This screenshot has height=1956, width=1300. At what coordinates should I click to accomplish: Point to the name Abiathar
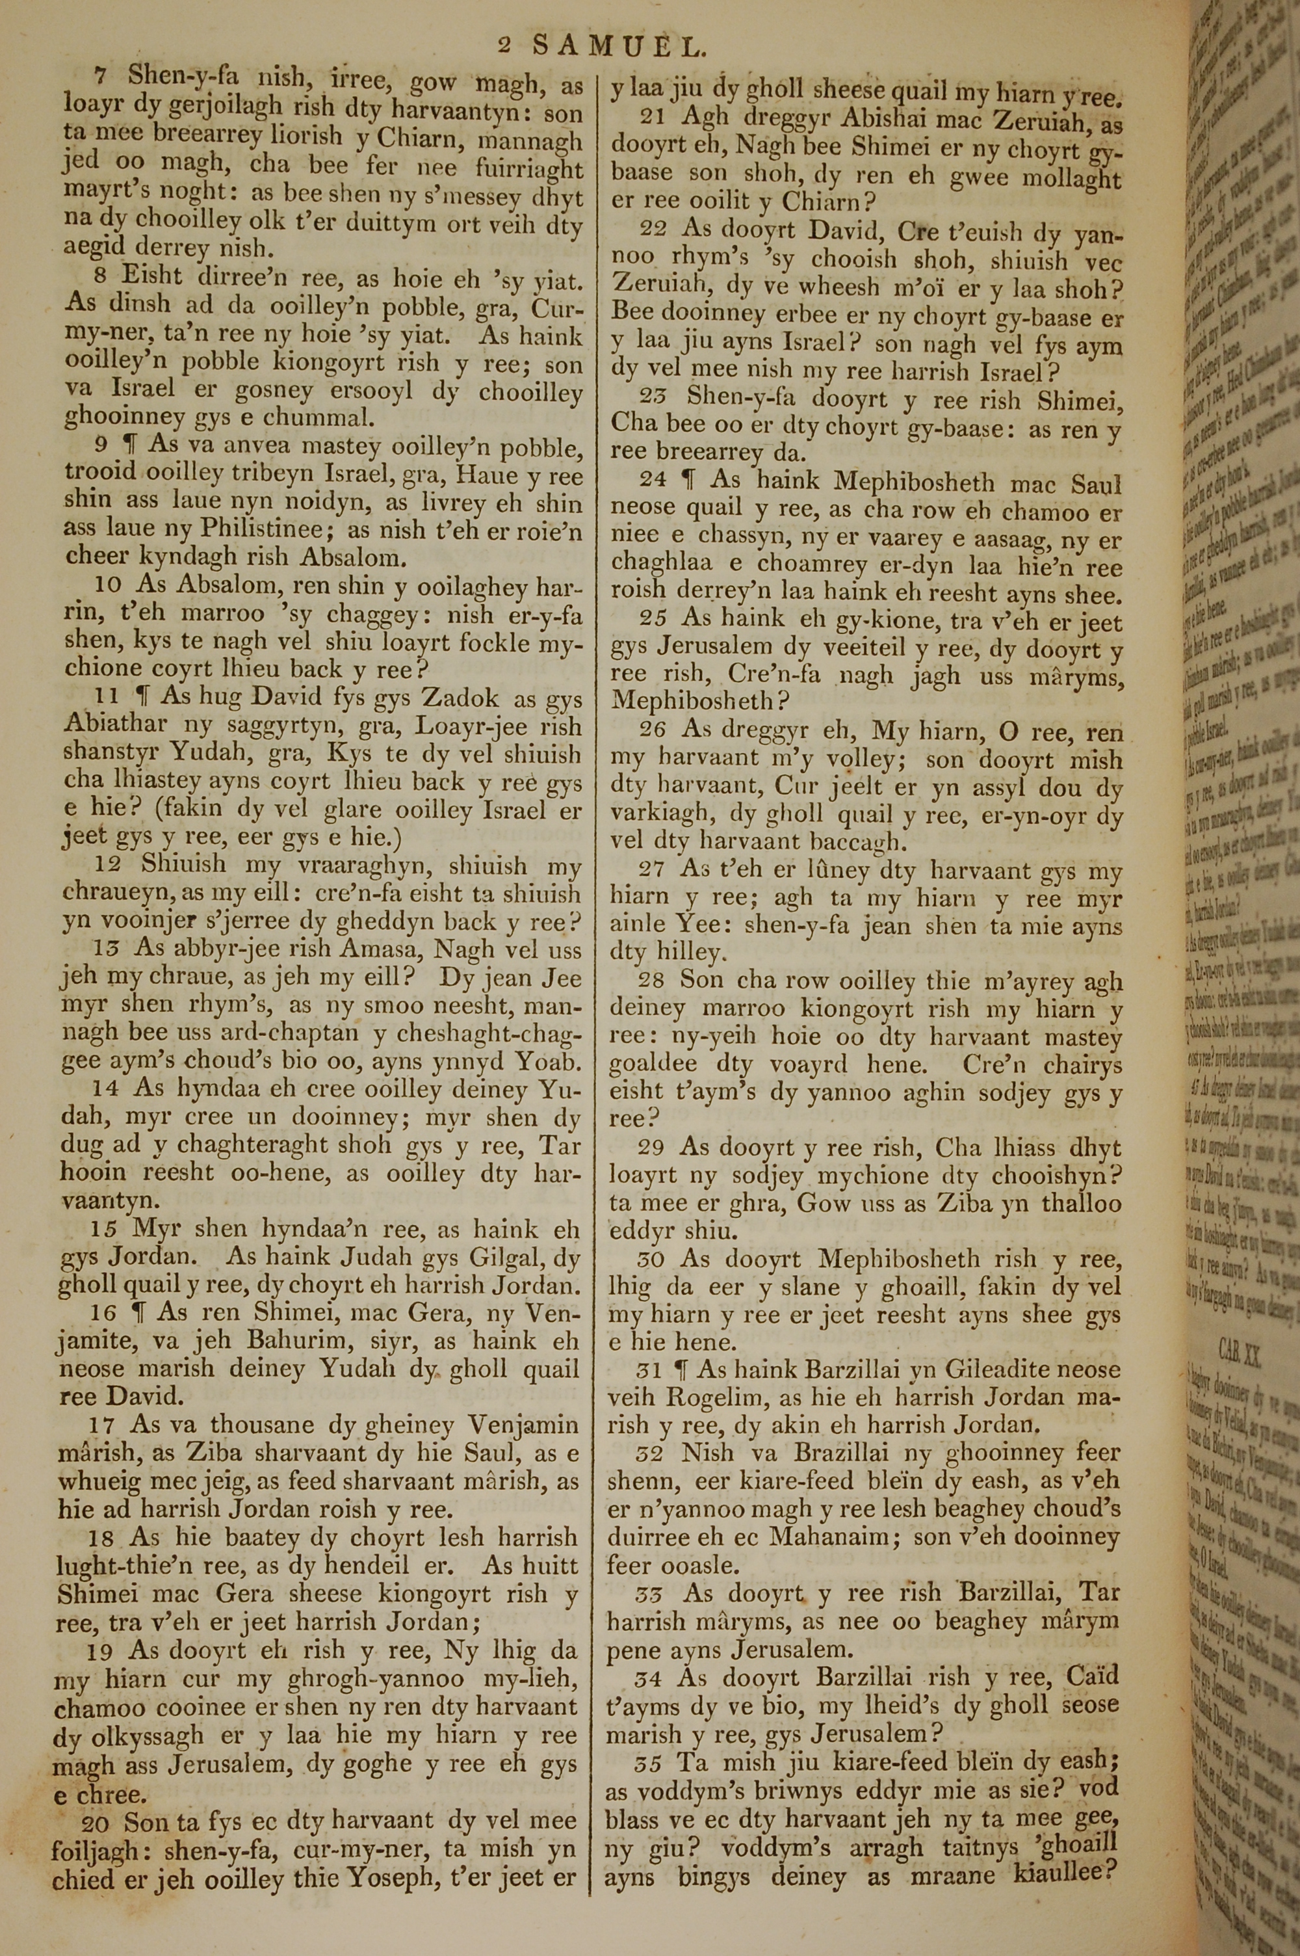coord(114,724)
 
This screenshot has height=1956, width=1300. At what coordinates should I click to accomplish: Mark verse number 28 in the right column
coord(652,980)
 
